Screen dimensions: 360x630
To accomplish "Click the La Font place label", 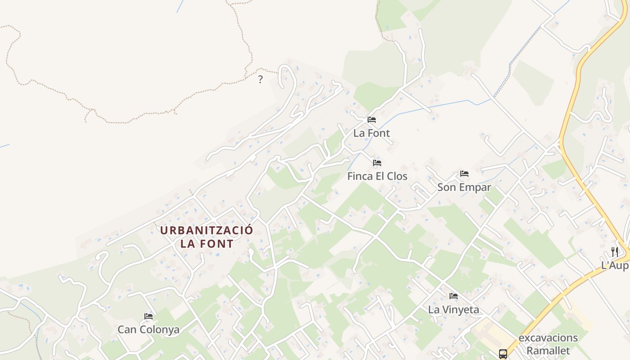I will (x=371, y=133).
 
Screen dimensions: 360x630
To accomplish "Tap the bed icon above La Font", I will (x=372, y=120).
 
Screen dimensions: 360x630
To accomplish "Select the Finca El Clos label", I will (x=377, y=176).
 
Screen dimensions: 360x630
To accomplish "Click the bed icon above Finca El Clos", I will (x=377, y=163).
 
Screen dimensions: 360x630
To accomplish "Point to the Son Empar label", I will (x=464, y=187).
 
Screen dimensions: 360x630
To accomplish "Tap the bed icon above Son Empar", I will (x=464, y=174).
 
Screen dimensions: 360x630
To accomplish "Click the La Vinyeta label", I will (x=454, y=310).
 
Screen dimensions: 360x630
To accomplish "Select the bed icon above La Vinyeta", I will (x=454, y=296).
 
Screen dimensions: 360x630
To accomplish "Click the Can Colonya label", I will (x=148, y=329).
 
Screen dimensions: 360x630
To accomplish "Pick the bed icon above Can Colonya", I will (x=148, y=316).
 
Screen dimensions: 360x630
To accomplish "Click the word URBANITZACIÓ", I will (x=207, y=230).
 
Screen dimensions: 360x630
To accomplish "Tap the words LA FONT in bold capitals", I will (x=207, y=244).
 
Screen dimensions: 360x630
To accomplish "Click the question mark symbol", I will (x=260, y=80).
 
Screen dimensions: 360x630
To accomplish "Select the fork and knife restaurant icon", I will (x=615, y=252).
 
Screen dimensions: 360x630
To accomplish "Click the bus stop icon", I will (x=503, y=354).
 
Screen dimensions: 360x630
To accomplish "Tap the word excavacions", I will (x=548, y=337).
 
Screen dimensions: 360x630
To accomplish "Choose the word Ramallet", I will (x=548, y=351).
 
